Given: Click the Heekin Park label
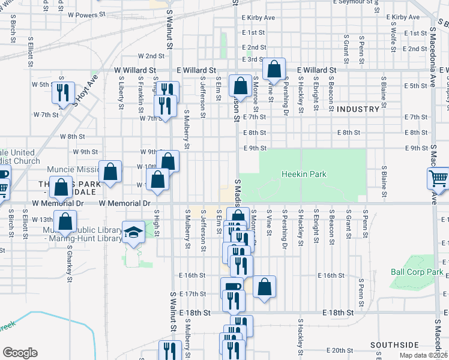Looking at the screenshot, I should click(303, 175).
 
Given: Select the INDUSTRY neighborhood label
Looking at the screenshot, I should click(358, 109).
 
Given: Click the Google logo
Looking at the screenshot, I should click(20, 353).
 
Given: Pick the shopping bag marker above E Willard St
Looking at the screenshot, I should click(274, 70).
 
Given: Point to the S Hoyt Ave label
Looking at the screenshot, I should click(84, 90).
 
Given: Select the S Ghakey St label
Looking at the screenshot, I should click(70, 263).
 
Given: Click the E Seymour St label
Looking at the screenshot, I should click(353, 2).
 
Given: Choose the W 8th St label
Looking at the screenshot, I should click(64, 137).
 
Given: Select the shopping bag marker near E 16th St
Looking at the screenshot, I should click(264, 286).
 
